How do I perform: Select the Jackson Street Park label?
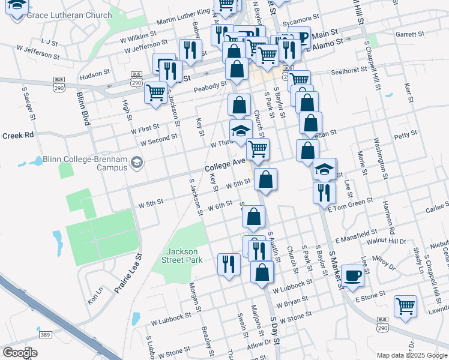click(x=182, y=256)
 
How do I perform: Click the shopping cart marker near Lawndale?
click(x=406, y=306)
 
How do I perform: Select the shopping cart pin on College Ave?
click(x=258, y=149)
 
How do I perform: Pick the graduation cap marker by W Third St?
click(x=241, y=131)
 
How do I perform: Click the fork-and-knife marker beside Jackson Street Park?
click(x=229, y=263)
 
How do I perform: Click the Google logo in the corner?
click(x=20, y=353)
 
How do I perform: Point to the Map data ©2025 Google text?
click(x=411, y=355)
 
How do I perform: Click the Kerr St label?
click(x=409, y=95)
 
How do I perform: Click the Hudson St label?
click(x=95, y=75)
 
